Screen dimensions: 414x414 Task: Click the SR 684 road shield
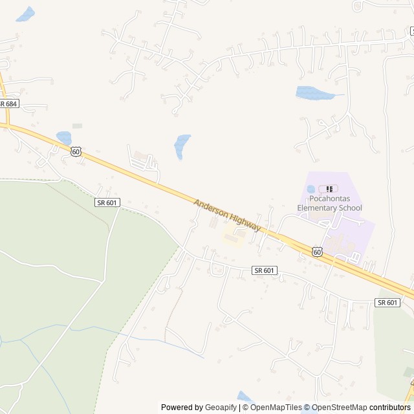tap(8, 103)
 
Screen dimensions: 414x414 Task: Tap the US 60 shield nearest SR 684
tap(76, 151)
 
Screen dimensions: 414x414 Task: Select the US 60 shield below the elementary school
tap(316, 252)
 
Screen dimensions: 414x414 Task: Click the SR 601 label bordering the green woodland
tap(107, 202)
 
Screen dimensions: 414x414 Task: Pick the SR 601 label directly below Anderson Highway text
tap(265, 270)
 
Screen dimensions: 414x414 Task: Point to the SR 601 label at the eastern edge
tap(387, 302)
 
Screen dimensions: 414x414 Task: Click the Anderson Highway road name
tap(227, 215)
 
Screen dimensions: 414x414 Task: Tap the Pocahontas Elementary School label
tap(329, 204)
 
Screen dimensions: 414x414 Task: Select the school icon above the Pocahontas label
tap(329, 189)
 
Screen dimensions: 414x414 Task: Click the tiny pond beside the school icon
tap(311, 189)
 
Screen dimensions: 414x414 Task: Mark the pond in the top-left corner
tap(25, 14)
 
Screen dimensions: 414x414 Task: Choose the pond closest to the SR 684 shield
tap(64, 138)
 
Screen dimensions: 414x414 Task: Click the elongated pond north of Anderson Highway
tap(182, 146)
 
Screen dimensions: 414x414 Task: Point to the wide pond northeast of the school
tap(314, 93)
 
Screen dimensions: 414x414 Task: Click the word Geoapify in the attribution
tap(221, 408)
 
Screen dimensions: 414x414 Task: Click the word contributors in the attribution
tap(390, 408)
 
